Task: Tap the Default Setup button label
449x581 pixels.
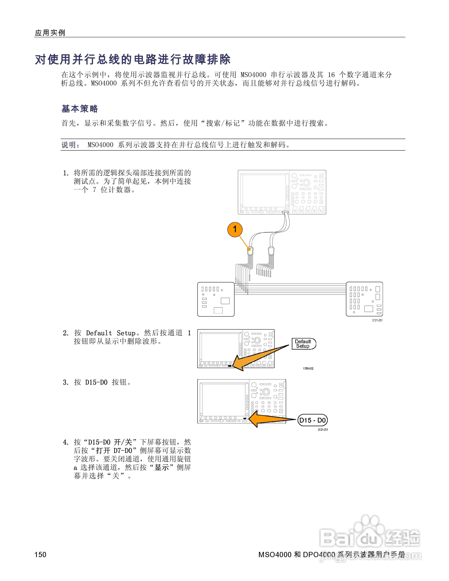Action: (x=304, y=344)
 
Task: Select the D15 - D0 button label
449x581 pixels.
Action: (x=313, y=420)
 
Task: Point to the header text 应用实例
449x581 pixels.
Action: (x=50, y=33)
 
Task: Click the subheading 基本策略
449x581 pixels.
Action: (x=80, y=109)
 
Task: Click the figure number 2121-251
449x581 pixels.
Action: (x=377, y=320)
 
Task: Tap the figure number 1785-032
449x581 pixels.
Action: (x=308, y=368)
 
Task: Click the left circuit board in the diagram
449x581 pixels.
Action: (x=216, y=299)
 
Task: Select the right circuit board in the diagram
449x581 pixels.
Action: (x=364, y=299)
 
